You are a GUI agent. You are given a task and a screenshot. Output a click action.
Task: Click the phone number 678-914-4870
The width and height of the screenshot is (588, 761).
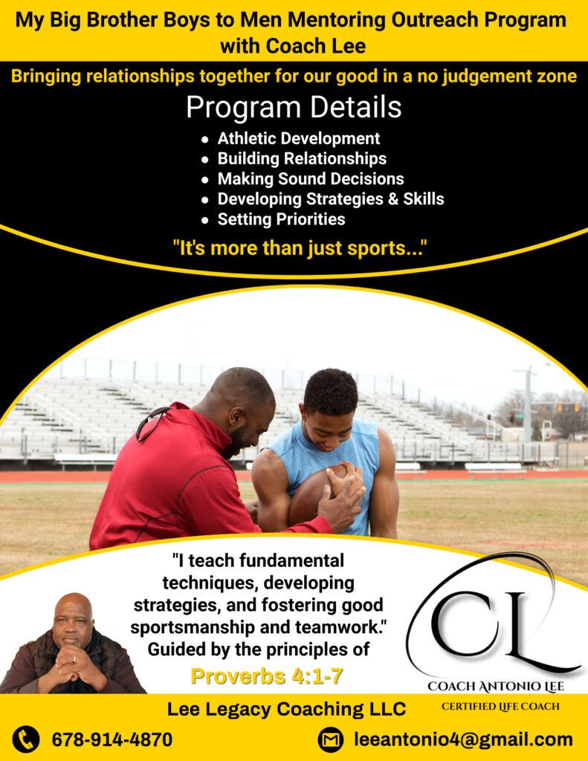tap(112, 739)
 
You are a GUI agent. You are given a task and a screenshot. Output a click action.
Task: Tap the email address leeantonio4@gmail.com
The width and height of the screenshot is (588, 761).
tap(464, 739)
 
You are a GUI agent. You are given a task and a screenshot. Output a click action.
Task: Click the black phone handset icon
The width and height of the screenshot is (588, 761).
tap(26, 739)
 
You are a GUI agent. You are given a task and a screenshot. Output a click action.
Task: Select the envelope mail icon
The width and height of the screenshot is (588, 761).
tap(331, 739)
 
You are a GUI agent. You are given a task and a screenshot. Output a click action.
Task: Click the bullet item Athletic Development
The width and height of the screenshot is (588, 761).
tap(298, 138)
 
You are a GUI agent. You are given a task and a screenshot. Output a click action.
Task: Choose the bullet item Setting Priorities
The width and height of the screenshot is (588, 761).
tap(281, 219)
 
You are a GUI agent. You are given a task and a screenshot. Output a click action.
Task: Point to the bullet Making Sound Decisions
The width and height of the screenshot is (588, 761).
tap(311, 178)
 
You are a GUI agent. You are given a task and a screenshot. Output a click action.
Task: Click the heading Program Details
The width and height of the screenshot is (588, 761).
tap(294, 107)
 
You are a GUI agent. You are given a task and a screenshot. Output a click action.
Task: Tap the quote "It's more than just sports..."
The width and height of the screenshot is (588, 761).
tap(300, 248)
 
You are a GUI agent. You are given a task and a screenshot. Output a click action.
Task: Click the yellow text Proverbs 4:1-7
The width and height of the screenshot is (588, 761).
tap(267, 676)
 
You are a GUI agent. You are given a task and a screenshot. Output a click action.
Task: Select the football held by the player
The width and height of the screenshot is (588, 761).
tap(318, 494)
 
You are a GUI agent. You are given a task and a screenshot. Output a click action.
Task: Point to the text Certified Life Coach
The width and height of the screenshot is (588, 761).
tap(500, 707)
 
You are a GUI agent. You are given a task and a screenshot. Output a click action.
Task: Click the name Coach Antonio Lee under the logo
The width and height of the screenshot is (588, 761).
tap(496, 686)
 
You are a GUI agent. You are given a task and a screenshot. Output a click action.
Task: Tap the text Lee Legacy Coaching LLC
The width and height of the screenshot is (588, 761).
tap(286, 709)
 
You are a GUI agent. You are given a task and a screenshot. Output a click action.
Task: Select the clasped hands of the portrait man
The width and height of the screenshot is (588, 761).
tap(73, 663)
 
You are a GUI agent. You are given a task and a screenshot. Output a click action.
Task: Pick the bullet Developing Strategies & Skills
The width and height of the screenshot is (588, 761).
tap(331, 199)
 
